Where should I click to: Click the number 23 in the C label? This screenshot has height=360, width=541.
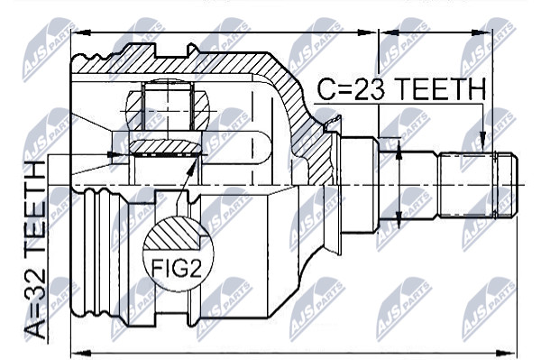(x=369, y=88)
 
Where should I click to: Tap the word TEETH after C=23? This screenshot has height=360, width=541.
(x=439, y=88)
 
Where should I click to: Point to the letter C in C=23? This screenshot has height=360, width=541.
(x=326, y=88)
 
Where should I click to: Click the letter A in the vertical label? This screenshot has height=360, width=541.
(x=35, y=329)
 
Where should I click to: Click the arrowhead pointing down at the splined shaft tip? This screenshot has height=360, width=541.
(x=482, y=142)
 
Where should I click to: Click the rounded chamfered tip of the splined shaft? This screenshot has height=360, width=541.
(x=513, y=185)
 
